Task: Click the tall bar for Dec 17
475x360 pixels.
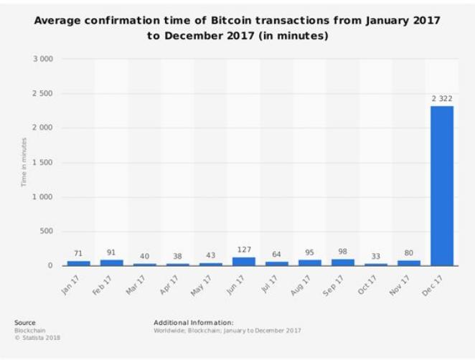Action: pyautogui.click(x=442, y=186)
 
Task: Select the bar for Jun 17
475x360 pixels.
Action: pyautogui.click(x=244, y=262)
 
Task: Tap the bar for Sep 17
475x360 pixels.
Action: pyautogui.click(x=343, y=262)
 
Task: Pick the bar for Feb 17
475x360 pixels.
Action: pyautogui.click(x=112, y=262)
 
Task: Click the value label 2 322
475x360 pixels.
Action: pyautogui.click(x=442, y=98)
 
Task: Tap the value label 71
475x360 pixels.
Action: pyautogui.click(x=79, y=254)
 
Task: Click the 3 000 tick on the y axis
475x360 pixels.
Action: pyautogui.click(x=43, y=59)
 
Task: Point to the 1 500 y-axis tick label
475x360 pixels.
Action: pyautogui.click(x=43, y=163)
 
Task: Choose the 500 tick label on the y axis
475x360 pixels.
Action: pyautogui.click(x=46, y=232)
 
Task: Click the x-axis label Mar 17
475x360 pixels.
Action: pyautogui.click(x=141, y=283)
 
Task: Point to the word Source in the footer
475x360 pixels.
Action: pyautogui.click(x=24, y=323)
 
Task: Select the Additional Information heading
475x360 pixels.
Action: pyautogui.click(x=193, y=323)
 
